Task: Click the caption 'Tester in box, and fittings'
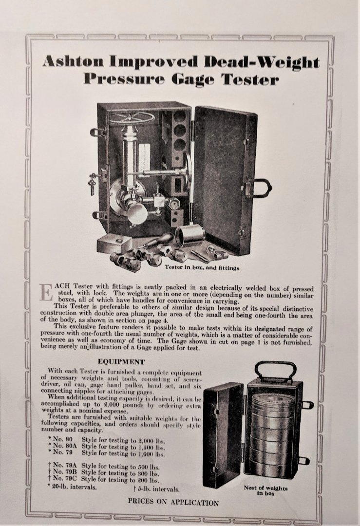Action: coord(202,268)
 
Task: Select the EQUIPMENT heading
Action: coord(121,361)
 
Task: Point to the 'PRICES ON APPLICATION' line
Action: coord(173,502)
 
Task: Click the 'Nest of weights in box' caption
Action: coord(265,490)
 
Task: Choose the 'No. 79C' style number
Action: coord(65,480)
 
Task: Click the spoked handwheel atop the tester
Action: coord(133,118)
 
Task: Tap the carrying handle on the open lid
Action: coord(261,188)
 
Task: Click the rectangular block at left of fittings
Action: coord(114,243)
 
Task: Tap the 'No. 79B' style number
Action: coord(65,473)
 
